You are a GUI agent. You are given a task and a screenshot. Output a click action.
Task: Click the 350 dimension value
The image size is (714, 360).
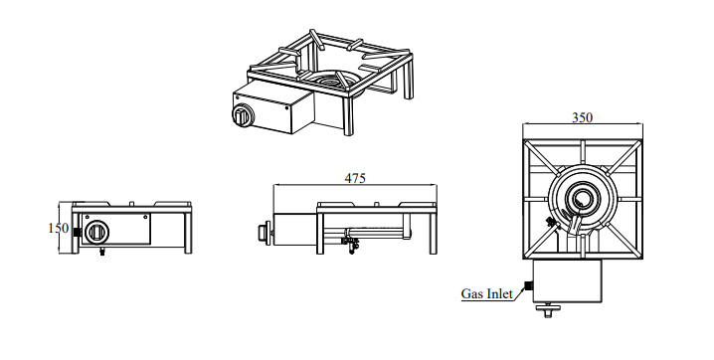click(582, 117)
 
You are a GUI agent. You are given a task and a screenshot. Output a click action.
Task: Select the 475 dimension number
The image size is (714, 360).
click(355, 178)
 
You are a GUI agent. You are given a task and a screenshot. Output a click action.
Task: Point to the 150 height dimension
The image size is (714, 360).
click(59, 228)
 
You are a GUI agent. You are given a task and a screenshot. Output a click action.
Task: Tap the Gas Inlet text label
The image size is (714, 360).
click(487, 293)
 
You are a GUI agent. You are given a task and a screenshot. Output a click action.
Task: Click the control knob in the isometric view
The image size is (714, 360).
click(242, 115)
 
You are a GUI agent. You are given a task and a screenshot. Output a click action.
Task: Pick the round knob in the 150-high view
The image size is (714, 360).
click(97, 233)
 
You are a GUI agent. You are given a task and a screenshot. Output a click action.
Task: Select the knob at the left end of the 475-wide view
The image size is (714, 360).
click(265, 232)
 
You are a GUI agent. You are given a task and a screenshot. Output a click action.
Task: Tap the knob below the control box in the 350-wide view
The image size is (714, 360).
click(548, 310)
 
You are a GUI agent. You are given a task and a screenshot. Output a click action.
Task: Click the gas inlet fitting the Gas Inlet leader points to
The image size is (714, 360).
click(529, 286)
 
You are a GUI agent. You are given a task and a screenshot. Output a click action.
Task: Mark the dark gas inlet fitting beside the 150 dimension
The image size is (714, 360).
click(77, 232)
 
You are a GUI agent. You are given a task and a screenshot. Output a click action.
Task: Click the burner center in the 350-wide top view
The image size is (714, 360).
click(581, 199)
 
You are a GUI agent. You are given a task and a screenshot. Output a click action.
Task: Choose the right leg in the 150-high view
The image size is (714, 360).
click(188, 233)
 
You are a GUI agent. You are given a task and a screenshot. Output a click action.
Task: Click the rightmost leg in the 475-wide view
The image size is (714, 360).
click(433, 233)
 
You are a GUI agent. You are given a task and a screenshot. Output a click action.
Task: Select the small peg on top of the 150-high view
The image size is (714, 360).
click(131, 204)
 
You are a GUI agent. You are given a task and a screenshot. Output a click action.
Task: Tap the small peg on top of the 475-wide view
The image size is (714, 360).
click(377, 204)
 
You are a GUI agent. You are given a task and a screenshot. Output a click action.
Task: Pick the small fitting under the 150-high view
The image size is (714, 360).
click(102, 253)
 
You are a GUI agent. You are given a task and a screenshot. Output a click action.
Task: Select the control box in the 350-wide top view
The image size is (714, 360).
click(568, 280)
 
